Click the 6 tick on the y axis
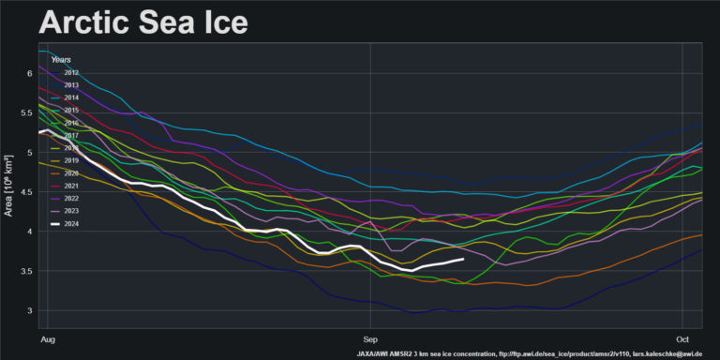click(30, 73)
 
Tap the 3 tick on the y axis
click(30, 310)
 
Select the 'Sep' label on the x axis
click(371, 335)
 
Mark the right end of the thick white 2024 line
click(463, 259)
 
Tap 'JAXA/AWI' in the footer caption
click(378, 353)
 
